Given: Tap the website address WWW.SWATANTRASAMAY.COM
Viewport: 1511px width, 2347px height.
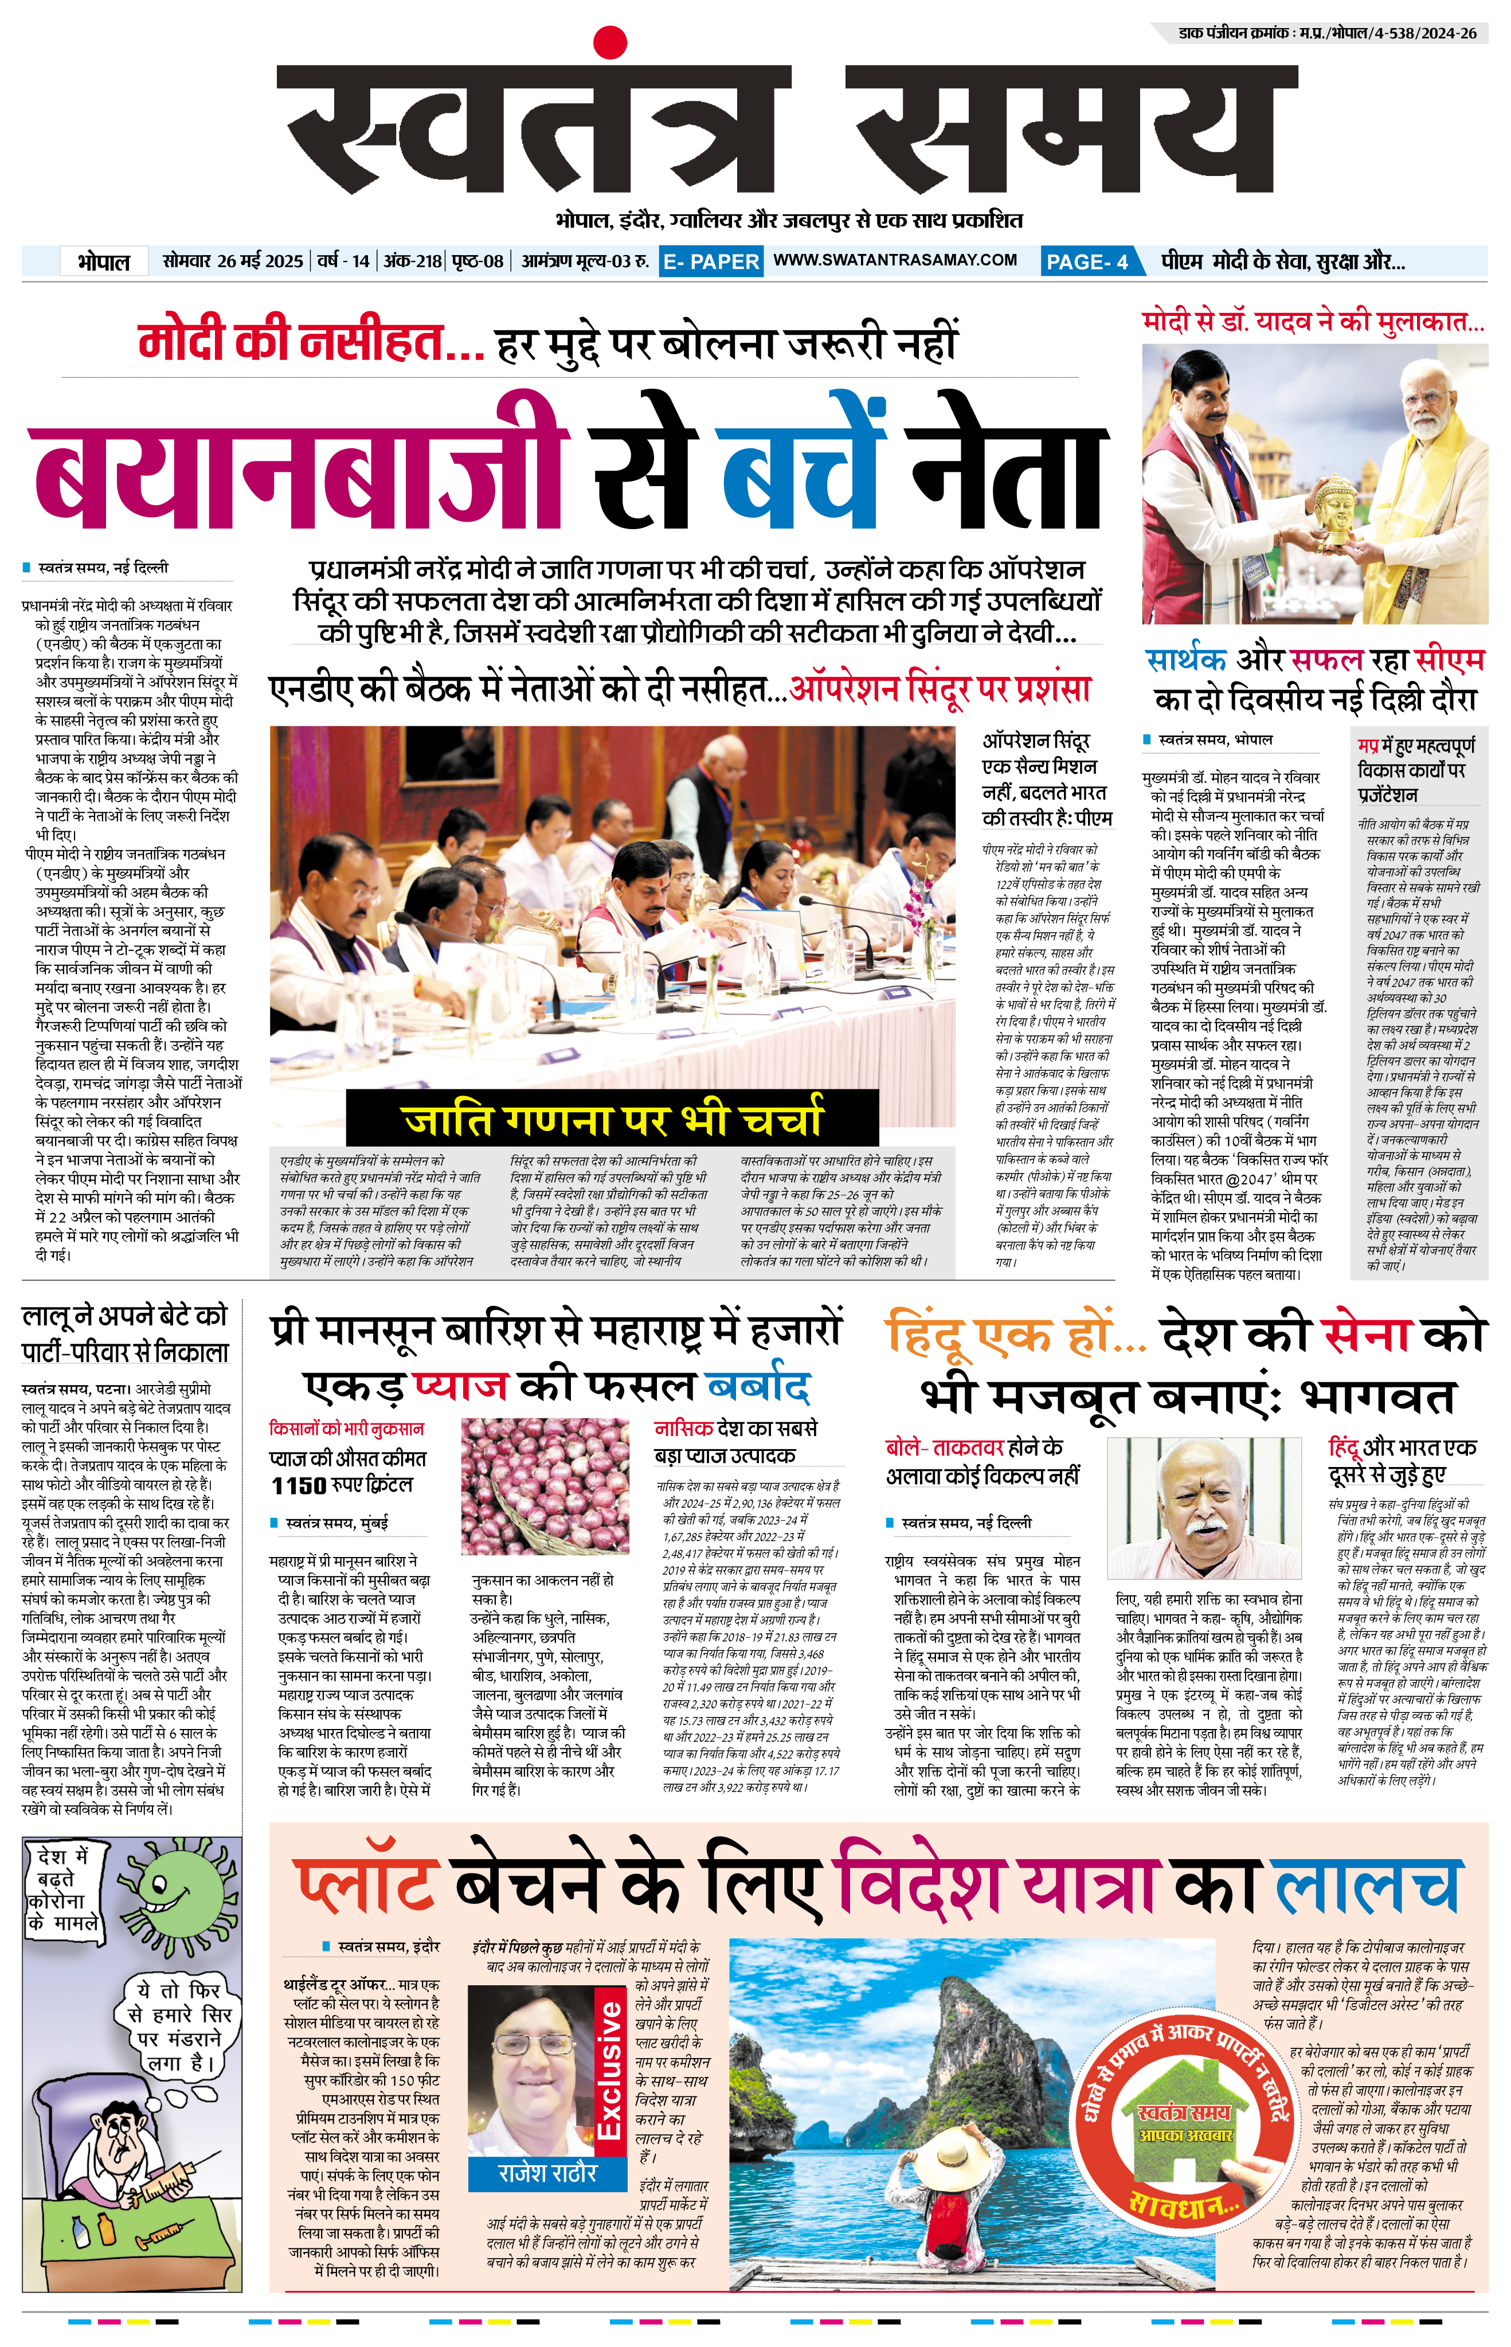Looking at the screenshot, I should [x=895, y=260].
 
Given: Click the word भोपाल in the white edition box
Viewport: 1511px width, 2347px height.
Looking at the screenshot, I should [x=103, y=262].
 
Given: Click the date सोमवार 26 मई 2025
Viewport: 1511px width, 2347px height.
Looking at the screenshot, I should [x=233, y=261].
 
